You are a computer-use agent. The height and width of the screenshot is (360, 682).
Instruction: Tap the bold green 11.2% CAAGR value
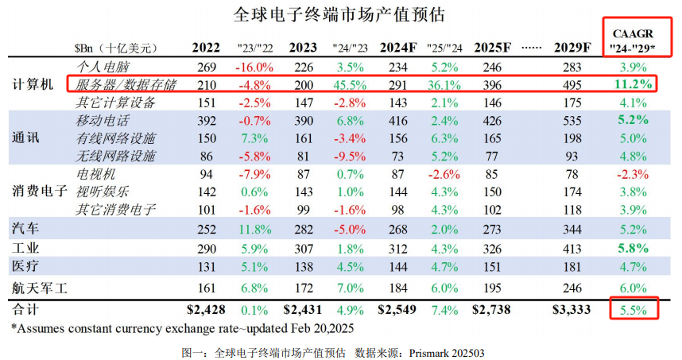[632, 84]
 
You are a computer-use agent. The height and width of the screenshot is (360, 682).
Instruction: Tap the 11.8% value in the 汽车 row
[256, 230]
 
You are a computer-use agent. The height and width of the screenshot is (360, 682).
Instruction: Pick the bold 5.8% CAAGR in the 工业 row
[632, 247]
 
